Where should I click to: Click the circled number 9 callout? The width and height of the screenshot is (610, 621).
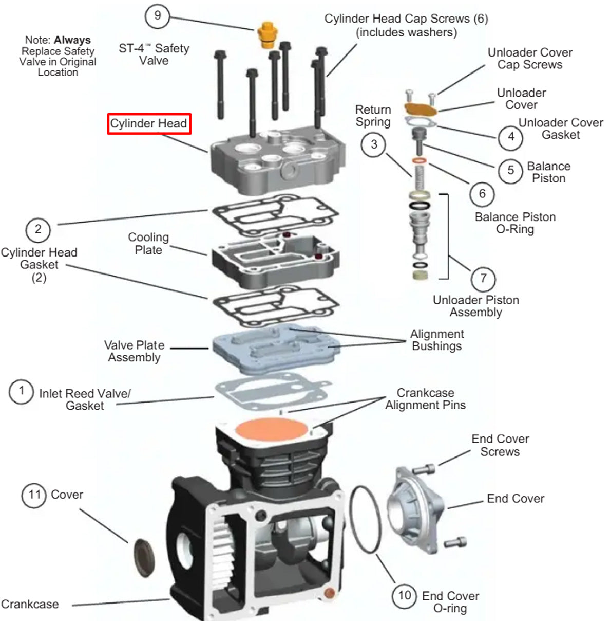tap(158, 16)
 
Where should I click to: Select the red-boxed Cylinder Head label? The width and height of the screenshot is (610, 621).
tap(149, 124)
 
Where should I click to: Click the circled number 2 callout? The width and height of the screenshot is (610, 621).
tap(38, 229)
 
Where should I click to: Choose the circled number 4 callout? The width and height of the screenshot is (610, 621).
tap(510, 137)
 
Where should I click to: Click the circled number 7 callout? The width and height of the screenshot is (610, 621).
tap(483, 279)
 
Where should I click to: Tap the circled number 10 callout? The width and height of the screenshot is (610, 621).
tap(405, 595)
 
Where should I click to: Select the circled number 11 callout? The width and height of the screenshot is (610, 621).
tap(34, 495)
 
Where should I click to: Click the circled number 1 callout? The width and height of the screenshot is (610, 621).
tap(21, 391)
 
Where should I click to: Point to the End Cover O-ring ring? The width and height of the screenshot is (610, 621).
tap(366, 519)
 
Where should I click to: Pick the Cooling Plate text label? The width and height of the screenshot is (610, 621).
tap(148, 244)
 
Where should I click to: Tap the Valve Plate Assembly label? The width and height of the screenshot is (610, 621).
tap(135, 351)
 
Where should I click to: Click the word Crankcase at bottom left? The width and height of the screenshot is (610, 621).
tap(30, 604)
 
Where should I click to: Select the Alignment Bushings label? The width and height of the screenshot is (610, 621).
tap(436, 340)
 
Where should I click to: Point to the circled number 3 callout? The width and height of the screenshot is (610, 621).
tap(374, 144)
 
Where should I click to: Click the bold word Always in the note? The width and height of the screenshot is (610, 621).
tap(72, 40)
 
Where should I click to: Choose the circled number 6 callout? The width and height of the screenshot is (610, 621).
tap(482, 193)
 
